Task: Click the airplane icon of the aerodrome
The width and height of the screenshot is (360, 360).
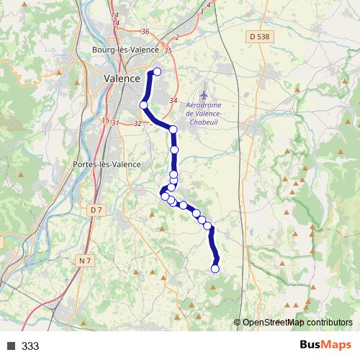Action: coord(204,94)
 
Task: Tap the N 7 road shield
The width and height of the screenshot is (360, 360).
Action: coord(86,259)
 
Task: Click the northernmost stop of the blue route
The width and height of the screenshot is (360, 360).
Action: coord(157,71)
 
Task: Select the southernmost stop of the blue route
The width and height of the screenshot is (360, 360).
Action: coord(215,269)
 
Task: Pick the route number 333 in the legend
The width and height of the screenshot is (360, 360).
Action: coord(30,346)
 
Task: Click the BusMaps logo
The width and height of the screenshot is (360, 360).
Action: coord(325,346)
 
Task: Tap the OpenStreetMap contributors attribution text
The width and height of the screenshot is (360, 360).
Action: coord(297,323)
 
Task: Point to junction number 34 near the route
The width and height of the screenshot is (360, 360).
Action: coord(172,100)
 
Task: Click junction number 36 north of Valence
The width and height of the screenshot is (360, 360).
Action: coord(145,32)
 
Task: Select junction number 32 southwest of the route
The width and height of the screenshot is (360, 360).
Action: coord(137,123)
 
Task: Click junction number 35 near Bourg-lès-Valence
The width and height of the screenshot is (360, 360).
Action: coord(168,50)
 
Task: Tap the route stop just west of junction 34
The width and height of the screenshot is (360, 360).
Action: coord(143,105)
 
